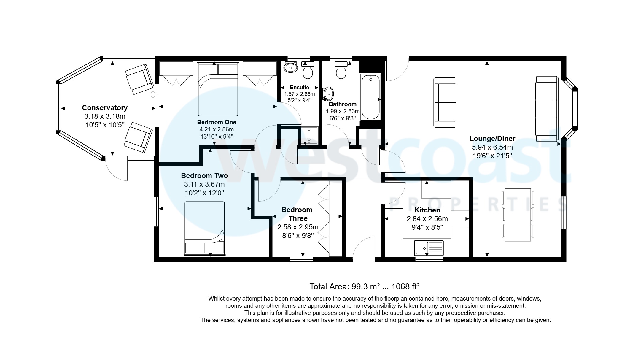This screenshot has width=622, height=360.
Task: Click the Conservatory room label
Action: point(104,108)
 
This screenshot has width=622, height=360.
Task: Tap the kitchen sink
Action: point(429,248)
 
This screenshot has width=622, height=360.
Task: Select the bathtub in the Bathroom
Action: point(370,97)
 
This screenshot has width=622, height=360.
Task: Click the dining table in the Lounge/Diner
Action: point(518,215)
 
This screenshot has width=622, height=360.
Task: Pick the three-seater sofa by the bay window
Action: point(546,109)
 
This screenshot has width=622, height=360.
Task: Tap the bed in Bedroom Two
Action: point(205,228)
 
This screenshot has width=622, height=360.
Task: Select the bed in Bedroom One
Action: point(218,89)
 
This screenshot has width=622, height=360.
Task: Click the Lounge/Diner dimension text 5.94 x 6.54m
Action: point(492,147)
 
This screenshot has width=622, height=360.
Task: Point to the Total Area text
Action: point(364,286)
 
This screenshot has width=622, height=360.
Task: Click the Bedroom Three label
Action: point(297,214)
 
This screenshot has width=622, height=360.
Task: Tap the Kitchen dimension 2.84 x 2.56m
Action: point(427,219)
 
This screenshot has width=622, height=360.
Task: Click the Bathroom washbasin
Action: point(328,94)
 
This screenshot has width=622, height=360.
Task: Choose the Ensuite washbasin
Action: point(290,67)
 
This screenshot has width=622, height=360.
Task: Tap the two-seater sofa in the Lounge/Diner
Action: point(445,102)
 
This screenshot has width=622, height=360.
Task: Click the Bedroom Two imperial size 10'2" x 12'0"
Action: point(204,193)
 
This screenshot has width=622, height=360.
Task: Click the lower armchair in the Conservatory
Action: point(138,137)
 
